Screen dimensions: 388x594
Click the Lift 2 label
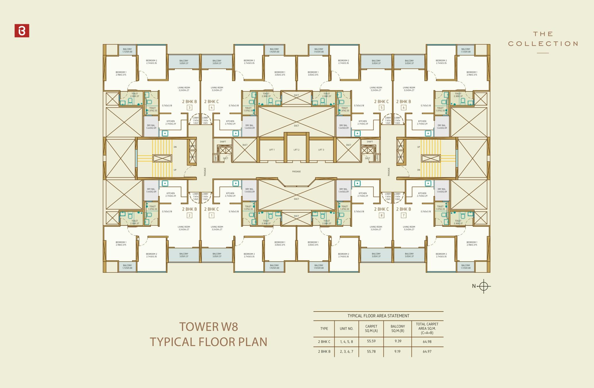(296, 150)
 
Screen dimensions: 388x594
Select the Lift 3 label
(321, 150)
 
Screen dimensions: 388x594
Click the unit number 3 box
(189, 108)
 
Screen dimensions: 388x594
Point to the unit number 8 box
(381, 215)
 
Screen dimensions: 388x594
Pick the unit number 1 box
(212, 215)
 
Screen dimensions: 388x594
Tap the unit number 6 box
(403, 108)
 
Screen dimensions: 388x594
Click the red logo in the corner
(22, 31)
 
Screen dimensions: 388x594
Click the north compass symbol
(484, 286)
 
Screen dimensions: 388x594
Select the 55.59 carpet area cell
(371, 341)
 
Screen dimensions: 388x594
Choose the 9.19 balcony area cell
(397, 351)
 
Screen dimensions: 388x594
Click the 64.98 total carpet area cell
(427, 341)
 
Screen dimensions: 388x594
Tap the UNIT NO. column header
(346, 329)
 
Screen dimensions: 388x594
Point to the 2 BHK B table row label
(324, 351)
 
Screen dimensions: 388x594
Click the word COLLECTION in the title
(543, 44)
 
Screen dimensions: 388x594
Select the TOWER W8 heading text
(209, 326)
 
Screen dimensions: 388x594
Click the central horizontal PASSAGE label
(296, 172)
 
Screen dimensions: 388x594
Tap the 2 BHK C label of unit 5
(381, 101)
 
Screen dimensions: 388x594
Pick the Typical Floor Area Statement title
(378, 316)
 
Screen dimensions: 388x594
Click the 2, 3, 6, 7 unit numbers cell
(346, 351)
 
